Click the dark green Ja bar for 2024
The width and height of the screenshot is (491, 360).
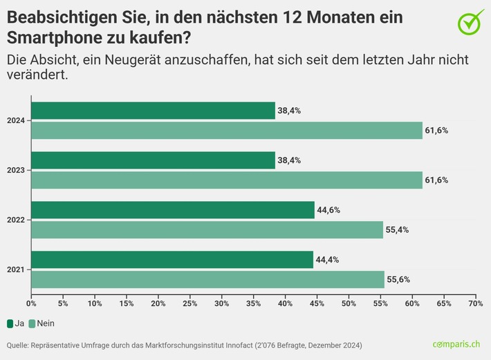[153, 111]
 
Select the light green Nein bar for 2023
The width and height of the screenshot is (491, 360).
[227, 180]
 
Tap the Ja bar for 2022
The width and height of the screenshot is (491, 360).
[173, 210]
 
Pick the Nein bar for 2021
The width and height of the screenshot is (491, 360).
[207, 279]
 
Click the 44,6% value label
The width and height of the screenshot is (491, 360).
[329, 210]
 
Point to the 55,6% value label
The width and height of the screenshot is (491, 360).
[399, 279]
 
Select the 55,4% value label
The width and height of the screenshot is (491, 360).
[398, 230]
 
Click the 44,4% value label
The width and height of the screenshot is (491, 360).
[328, 260]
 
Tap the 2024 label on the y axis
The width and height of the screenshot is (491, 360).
[17, 121]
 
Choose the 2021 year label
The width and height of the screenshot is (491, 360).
[17, 270]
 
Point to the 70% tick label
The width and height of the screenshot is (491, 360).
[475, 303]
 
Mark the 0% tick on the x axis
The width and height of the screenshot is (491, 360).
[31, 303]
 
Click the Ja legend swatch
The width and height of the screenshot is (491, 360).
[10, 323]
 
